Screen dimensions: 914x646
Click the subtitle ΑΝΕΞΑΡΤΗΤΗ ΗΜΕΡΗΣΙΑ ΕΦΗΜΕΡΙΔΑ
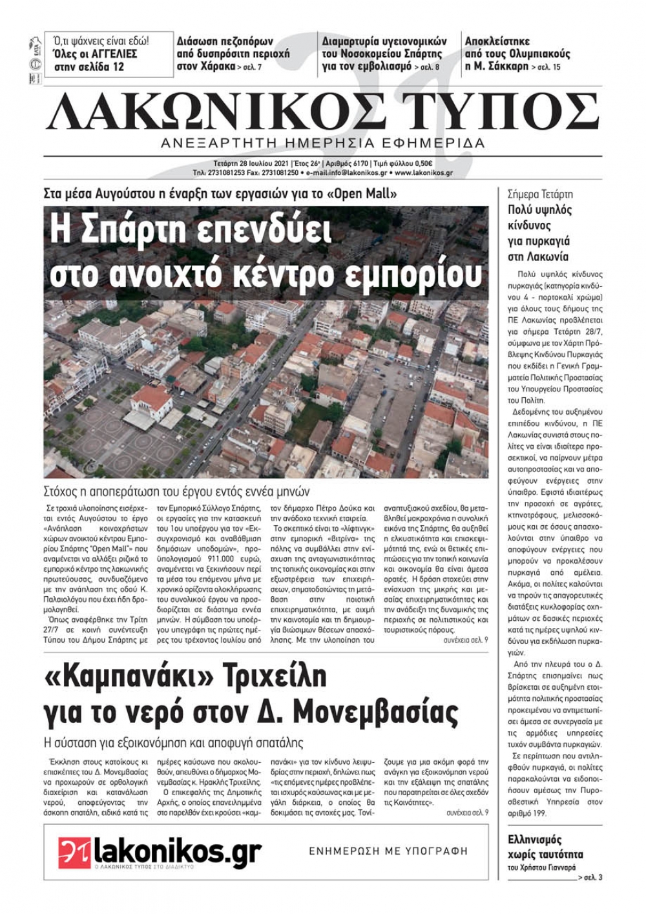click(x=323, y=143)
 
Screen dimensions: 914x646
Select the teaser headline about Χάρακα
click(x=233, y=54)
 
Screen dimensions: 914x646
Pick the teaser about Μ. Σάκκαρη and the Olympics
click(x=517, y=54)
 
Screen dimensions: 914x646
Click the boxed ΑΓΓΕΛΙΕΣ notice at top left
click(x=109, y=54)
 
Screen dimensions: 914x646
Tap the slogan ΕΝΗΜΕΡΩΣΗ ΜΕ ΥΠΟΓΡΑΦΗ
click(x=388, y=851)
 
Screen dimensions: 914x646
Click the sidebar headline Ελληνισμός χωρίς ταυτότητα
click(x=545, y=847)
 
